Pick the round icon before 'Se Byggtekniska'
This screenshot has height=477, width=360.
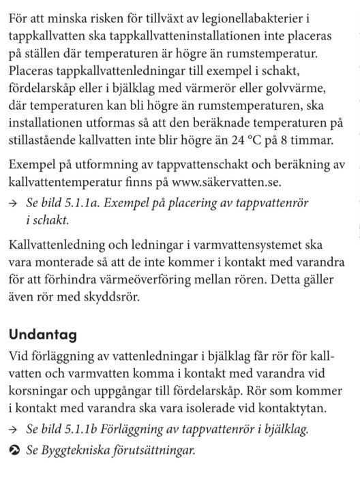pyautogui.click(x=15, y=450)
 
